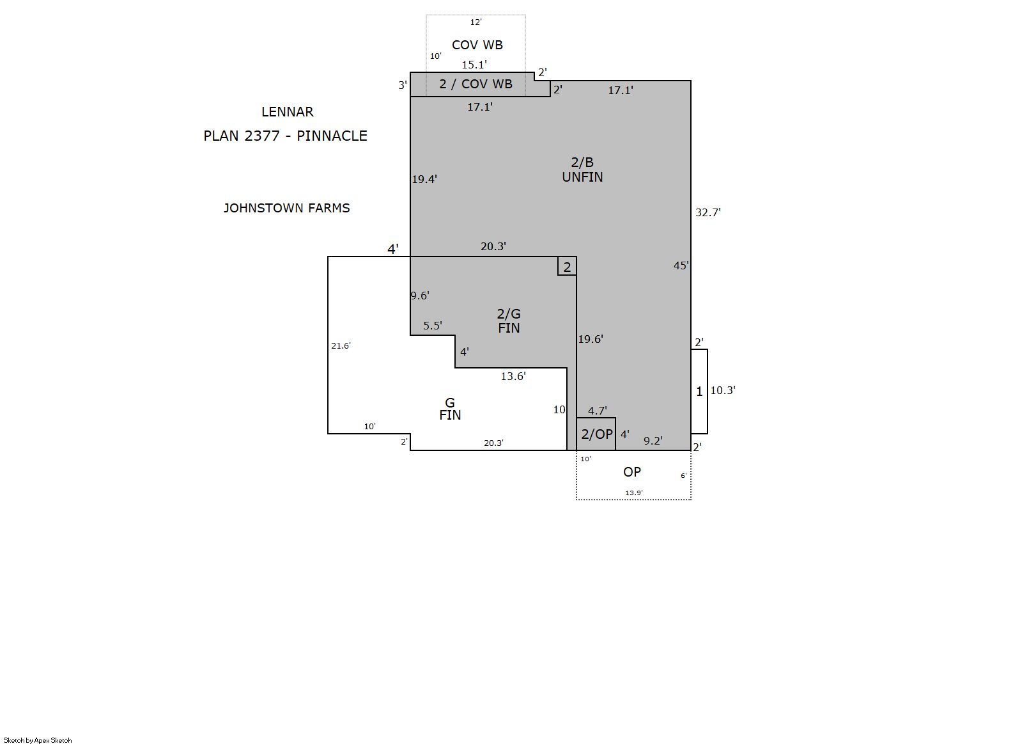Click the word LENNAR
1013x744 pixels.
pyautogui.click(x=287, y=112)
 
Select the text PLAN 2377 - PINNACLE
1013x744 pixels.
pyautogui.click(x=285, y=136)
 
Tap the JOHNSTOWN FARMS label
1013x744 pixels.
pyautogui.click(x=287, y=208)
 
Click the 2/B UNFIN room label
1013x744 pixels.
pyautogui.click(x=582, y=170)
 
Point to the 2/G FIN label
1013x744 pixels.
pyautogui.click(x=509, y=321)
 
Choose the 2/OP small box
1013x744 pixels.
pyautogui.click(x=596, y=434)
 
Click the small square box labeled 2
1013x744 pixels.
pyautogui.click(x=567, y=266)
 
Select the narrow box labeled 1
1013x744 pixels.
pyautogui.click(x=699, y=392)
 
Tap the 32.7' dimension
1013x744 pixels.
pyautogui.click(x=708, y=212)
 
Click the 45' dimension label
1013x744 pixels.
pyautogui.click(x=681, y=265)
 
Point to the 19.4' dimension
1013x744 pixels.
pyautogui.click(x=424, y=179)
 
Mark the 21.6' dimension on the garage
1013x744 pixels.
pyautogui.click(x=341, y=345)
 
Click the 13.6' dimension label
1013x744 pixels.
pyautogui.click(x=513, y=377)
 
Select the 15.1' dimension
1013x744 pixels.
pyautogui.click(x=474, y=65)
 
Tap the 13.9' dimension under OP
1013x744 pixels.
pyautogui.click(x=634, y=493)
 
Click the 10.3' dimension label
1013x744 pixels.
pyautogui.click(x=723, y=390)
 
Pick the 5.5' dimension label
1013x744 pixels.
pyautogui.click(x=433, y=326)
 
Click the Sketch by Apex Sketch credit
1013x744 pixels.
pyautogui.click(x=38, y=740)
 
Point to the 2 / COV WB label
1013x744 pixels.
pyautogui.click(x=476, y=84)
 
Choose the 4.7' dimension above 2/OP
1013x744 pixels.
pyautogui.click(x=598, y=411)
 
